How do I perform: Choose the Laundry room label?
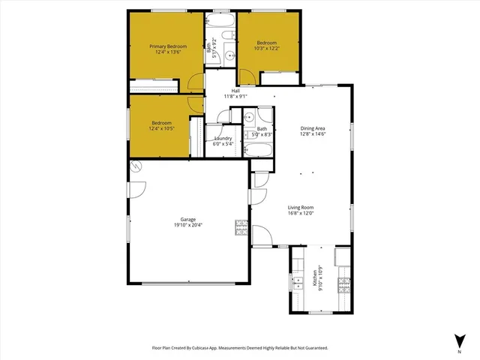pyautogui.click(x=223, y=138)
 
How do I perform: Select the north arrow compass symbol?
pyautogui.click(x=458, y=339)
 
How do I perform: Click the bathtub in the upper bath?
pyautogui.click(x=220, y=20)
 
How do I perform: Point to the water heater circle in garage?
pyautogui.click(x=136, y=166)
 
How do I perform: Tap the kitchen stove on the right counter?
pyautogui.click(x=343, y=283)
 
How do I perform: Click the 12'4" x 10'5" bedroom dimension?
pyautogui.click(x=162, y=129)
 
